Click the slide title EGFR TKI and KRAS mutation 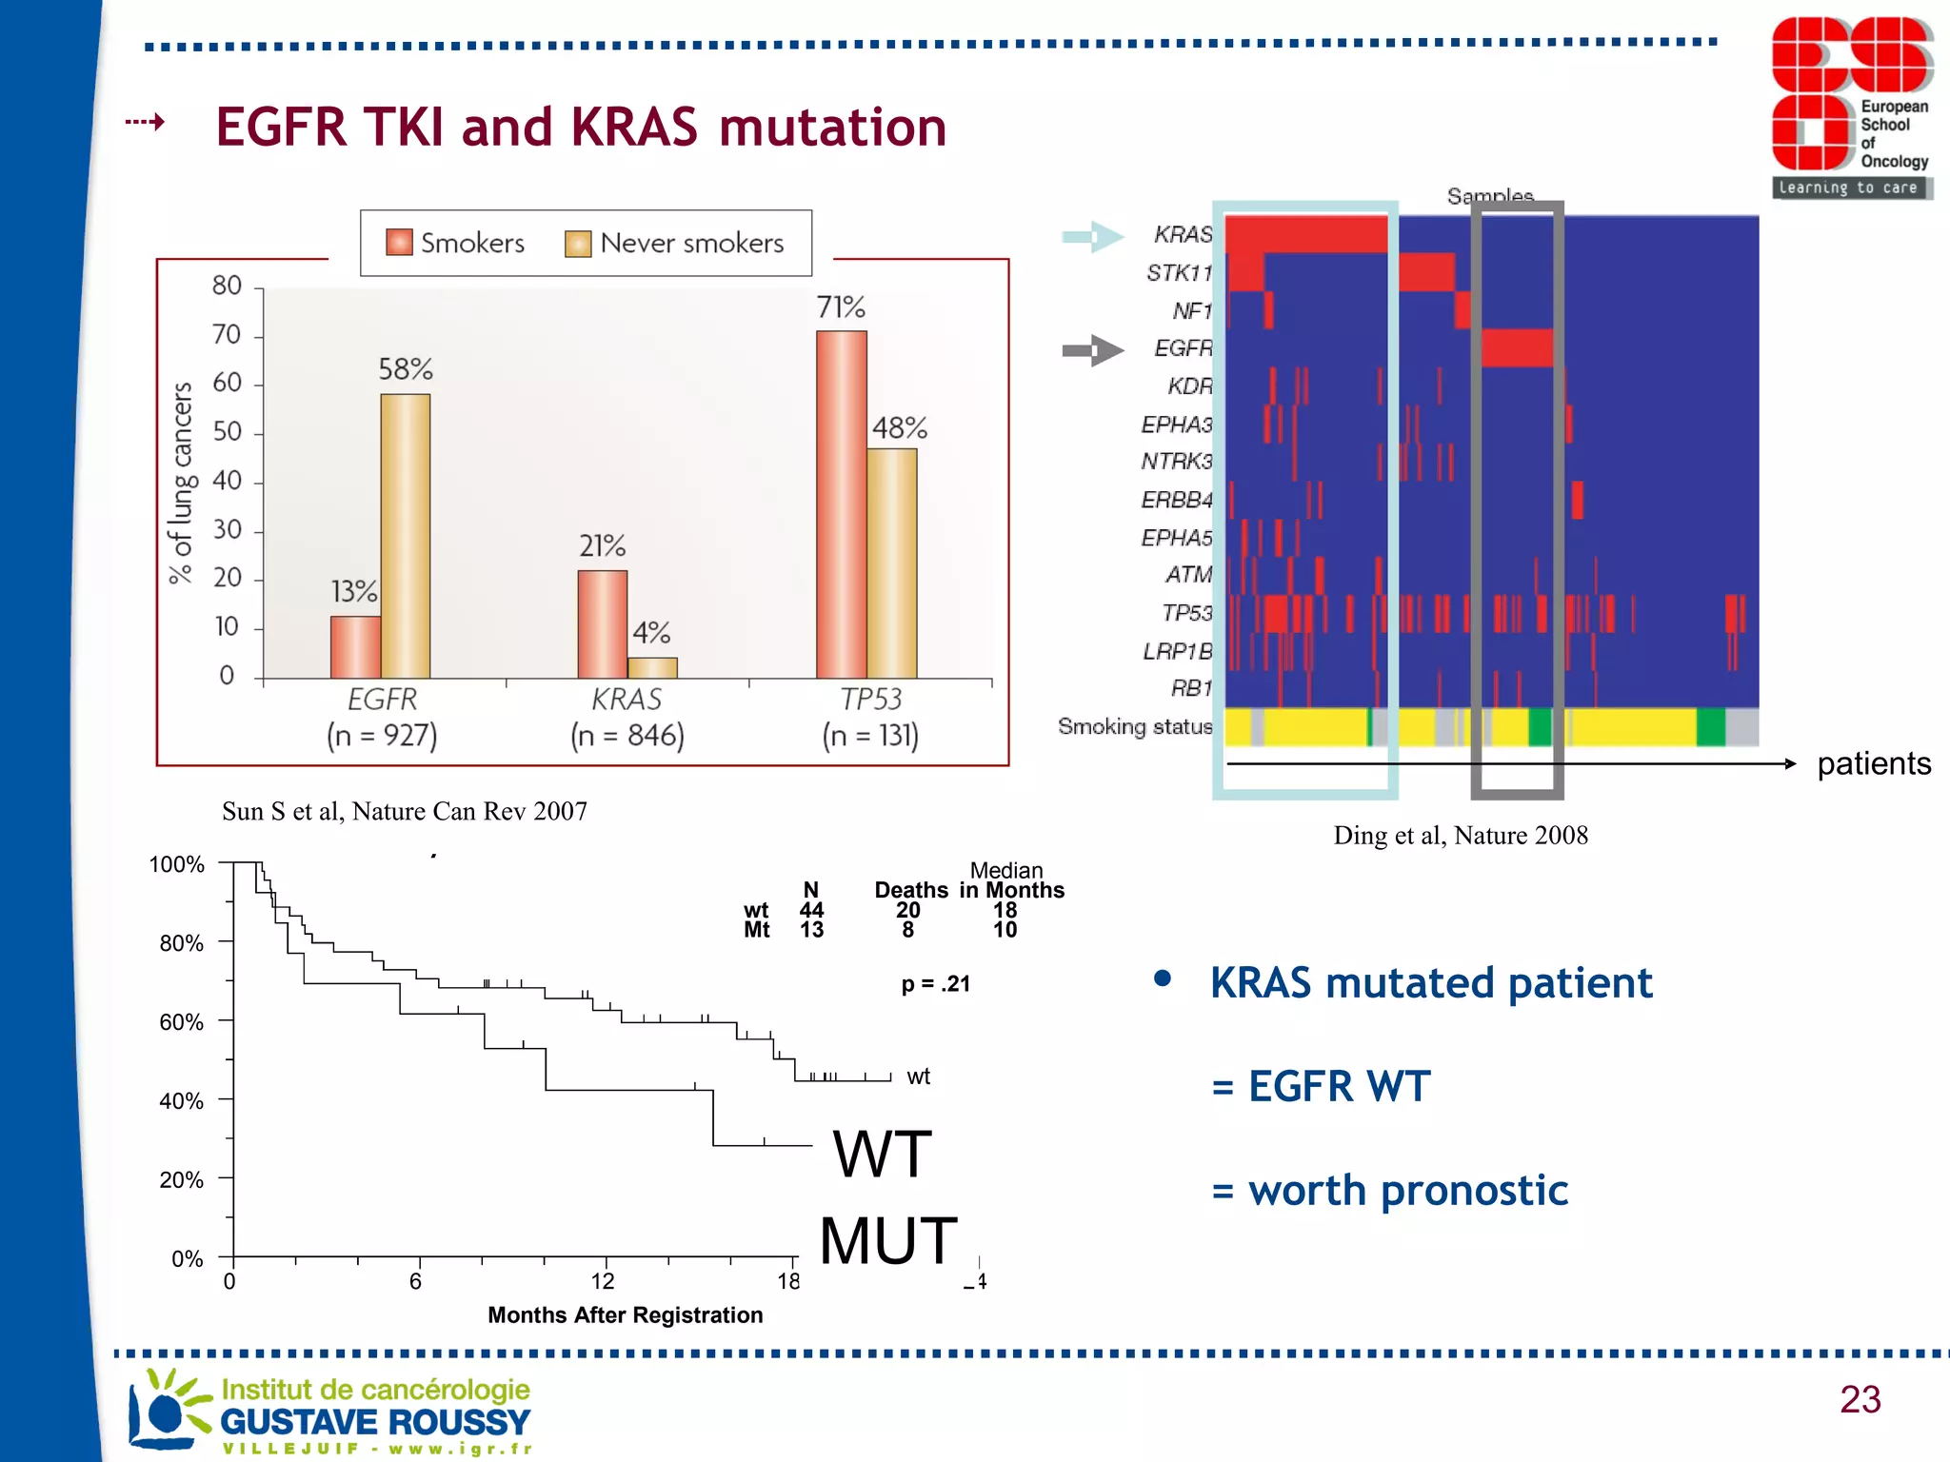click(581, 128)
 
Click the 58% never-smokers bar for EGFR click(406, 535)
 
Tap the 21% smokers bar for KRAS click(603, 623)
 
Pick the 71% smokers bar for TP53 click(842, 504)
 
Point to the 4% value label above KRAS click(652, 632)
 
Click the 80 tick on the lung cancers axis click(227, 286)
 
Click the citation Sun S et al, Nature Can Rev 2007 click(405, 811)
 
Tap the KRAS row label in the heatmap click(1183, 234)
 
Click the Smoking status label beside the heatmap click(1135, 727)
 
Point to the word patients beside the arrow click(1873, 763)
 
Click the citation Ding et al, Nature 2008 click(1461, 836)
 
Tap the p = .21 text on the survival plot click(936, 984)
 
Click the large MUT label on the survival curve click(888, 1241)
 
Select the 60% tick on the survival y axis click(182, 1022)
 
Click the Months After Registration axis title click(625, 1314)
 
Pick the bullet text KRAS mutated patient click(1430, 983)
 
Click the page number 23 click(1860, 1399)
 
